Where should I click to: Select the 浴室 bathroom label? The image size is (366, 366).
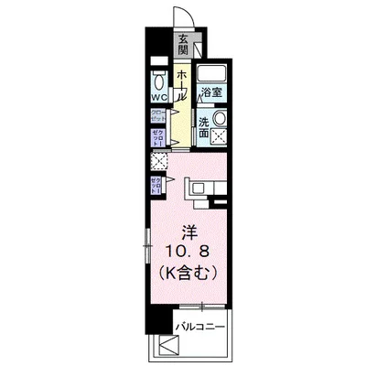pyautogui.click(x=212, y=91)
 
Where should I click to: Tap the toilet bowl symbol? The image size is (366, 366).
pyautogui.click(x=158, y=76)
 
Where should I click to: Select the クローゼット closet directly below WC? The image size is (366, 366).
pyautogui.click(x=157, y=116)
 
